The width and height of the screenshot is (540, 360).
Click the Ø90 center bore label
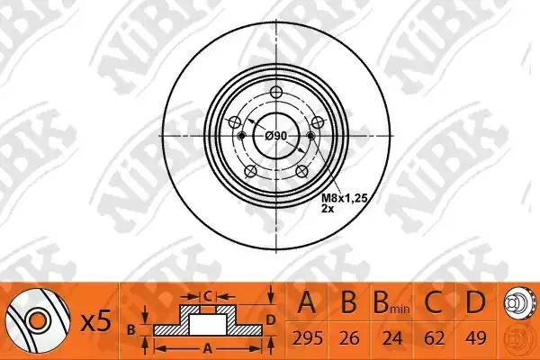[277, 135]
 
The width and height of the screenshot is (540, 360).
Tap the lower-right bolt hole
[301, 173]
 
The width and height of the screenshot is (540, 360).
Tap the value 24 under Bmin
[389, 337]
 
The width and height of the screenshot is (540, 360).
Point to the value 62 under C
[432, 337]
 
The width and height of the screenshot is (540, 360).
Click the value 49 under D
[473, 337]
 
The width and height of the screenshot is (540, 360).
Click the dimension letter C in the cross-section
[206, 294]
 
